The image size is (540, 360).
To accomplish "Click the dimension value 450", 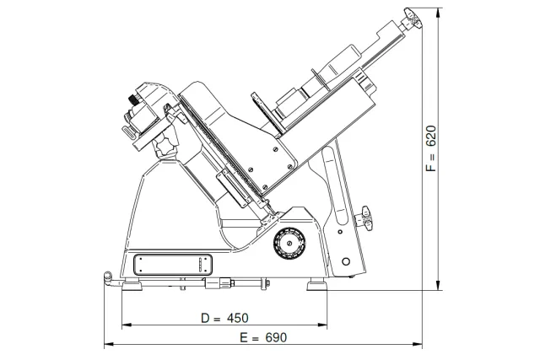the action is click(238, 318).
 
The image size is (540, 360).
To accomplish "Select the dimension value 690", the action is click(276, 337).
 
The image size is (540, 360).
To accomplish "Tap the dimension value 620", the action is click(431, 136).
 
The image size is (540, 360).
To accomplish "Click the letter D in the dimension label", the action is click(206, 318).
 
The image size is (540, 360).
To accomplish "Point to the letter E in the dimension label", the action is click(244, 337).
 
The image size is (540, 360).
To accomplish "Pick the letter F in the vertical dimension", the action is click(431, 168).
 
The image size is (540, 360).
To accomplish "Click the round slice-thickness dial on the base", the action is click(289, 243).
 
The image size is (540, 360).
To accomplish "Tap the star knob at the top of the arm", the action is click(413, 19).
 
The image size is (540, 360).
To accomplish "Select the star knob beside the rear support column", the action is click(365, 218).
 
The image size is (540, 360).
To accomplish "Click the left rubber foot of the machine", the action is click(132, 286).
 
